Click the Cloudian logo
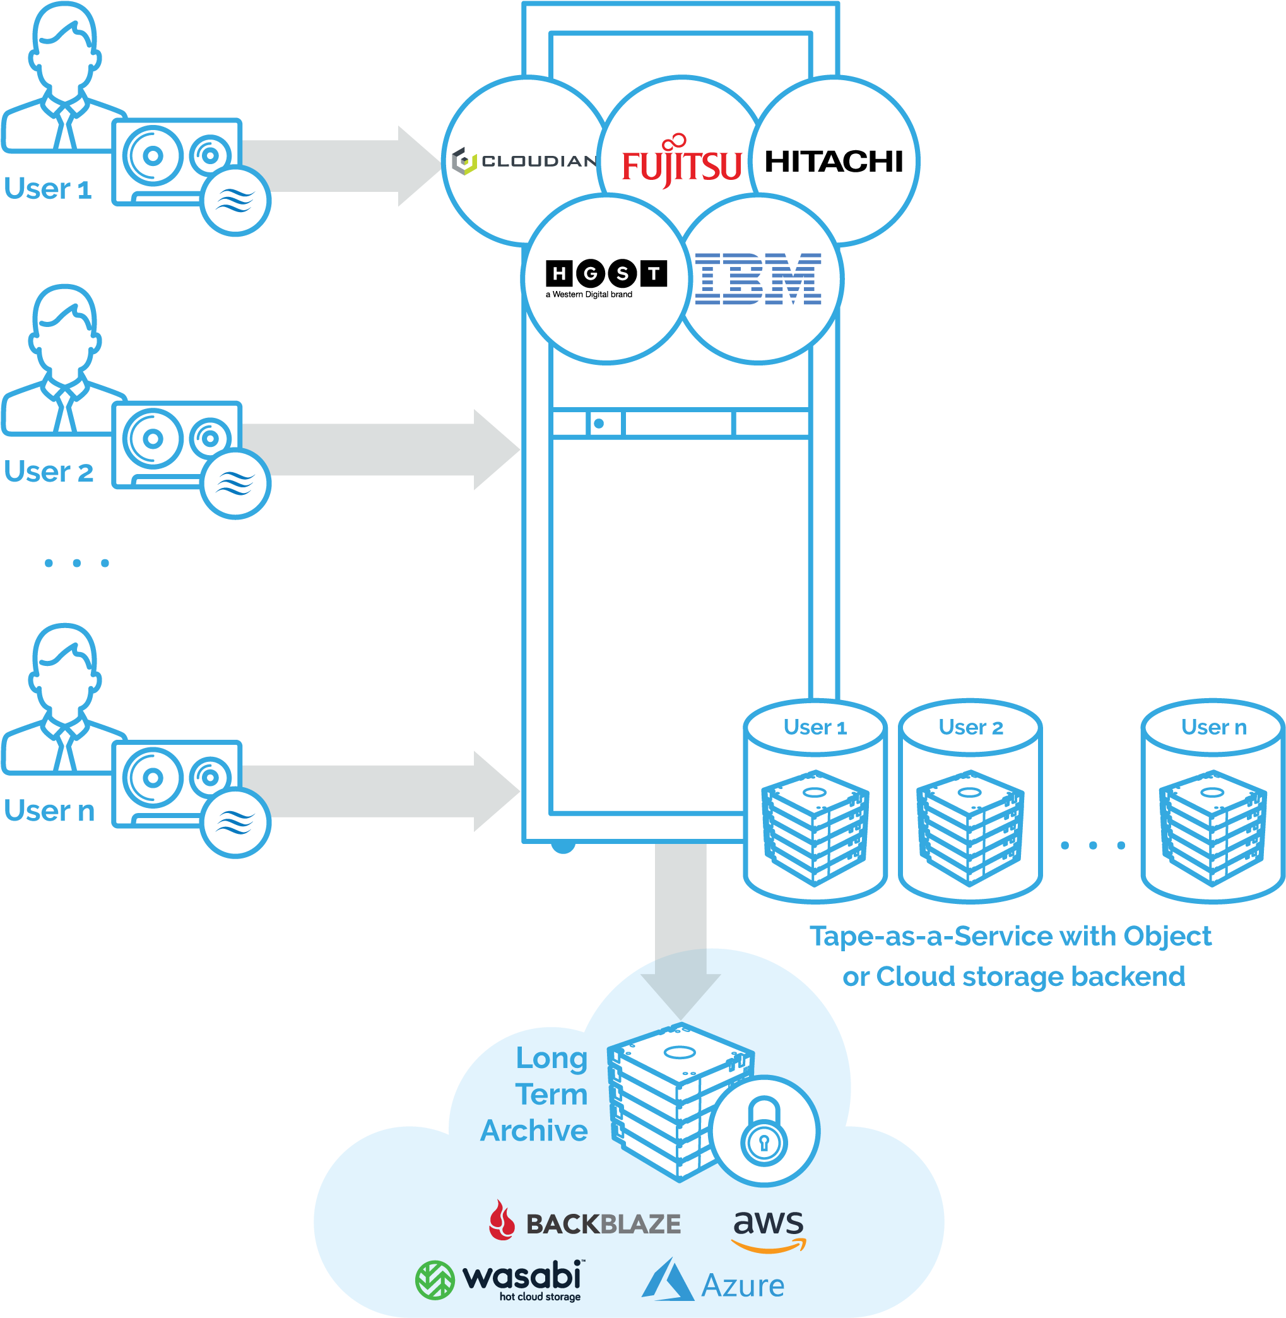(x=524, y=162)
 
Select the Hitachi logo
(x=834, y=162)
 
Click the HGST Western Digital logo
(x=605, y=278)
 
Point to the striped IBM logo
(x=758, y=278)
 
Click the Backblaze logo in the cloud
(x=585, y=1223)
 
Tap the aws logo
(x=769, y=1229)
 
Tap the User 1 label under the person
(x=48, y=189)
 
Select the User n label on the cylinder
(x=1213, y=727)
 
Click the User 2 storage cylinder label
(x=970, y=727)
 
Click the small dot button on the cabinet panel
(x=598, y=424)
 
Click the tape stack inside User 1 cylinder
(x=815, y=827)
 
